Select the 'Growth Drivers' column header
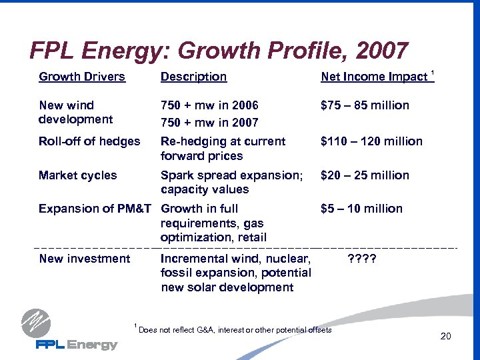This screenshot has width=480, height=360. point(82,77)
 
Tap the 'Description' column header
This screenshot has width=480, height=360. point(193,77)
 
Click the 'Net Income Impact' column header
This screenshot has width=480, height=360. point(374,77)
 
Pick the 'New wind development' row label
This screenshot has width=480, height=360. point(75,112)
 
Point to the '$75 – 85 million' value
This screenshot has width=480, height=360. point(365,105)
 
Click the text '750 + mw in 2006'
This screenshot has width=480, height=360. point(209,105)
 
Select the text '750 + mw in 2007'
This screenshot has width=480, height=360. point(209,123)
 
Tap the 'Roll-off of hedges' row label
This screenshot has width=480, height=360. point(89,141)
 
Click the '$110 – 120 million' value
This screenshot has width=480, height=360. point(371,141)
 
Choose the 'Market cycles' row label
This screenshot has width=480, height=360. point(77,175)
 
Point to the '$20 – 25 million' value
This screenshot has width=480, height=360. point(365,175)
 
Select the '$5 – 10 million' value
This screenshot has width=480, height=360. point(361,209)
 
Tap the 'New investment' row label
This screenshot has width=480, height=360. point(85,259)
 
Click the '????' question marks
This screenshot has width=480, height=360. point(363,259)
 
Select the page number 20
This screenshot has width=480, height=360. point(445,337)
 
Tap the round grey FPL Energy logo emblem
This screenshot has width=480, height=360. point(35,323)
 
